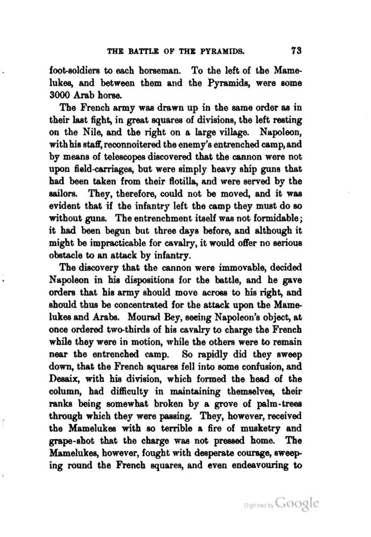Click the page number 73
[297, 51]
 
